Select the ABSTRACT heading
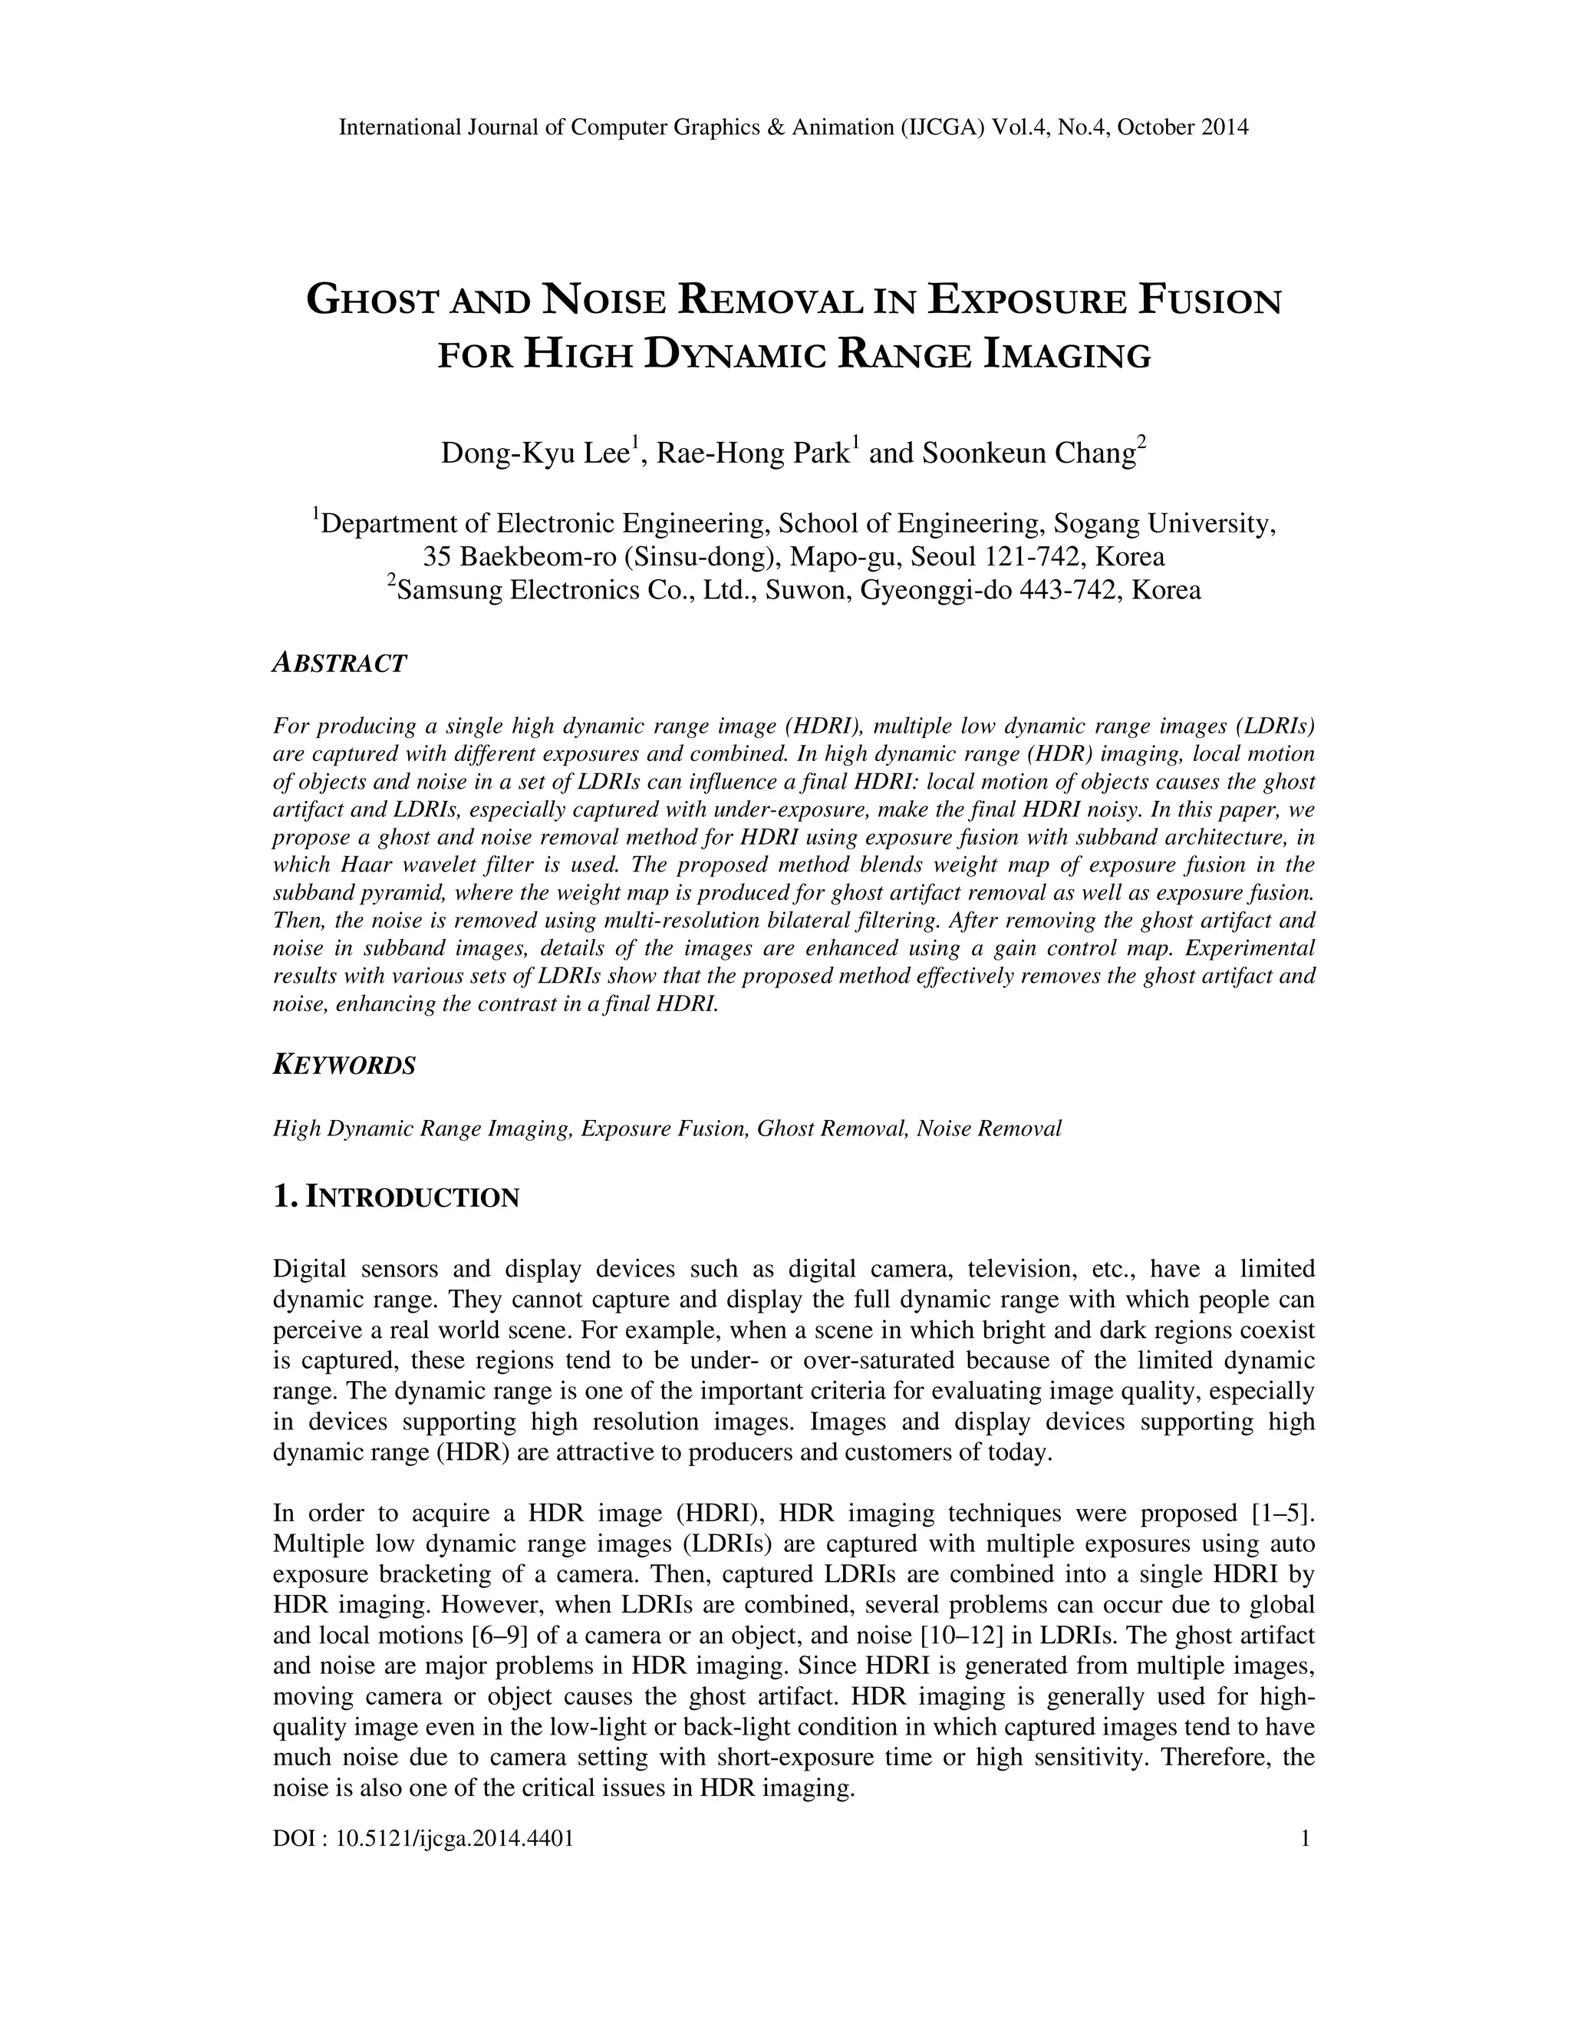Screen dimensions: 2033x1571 [340, 664]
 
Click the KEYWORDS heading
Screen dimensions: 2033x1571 [344, 1065]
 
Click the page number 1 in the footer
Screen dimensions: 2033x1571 [1305, 1837]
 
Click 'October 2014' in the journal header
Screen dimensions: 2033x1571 [1182, 127]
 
